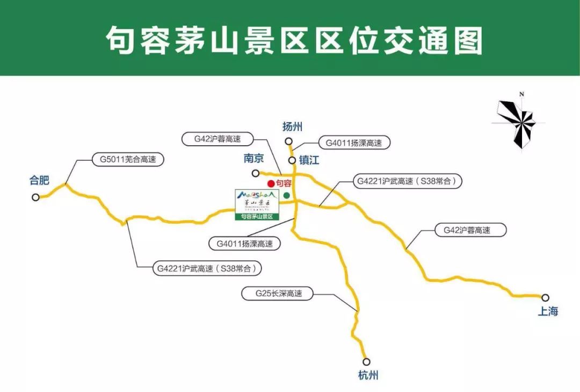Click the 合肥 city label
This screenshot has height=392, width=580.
(39, 181)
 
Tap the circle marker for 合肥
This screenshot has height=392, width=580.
(35, 197)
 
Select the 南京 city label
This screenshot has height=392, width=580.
(254, 159)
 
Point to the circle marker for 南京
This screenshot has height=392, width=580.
(256, 173)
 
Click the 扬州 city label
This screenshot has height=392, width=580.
(293, 127)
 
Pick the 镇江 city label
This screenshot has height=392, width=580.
(309, 160)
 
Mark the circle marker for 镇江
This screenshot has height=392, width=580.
(292, 160)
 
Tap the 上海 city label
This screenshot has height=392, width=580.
(548, 311)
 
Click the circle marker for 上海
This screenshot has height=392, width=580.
(545, 297)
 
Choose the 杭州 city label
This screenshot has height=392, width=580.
(368, 375)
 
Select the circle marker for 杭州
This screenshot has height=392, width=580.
(367, 362)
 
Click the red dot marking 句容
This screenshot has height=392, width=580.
(271, 184)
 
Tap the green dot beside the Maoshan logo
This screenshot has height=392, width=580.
(286, 195)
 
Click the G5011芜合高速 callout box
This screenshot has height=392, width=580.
(124, 160)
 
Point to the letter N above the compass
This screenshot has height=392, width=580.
(521, 95)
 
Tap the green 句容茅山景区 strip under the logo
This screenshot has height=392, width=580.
(257, 217)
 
